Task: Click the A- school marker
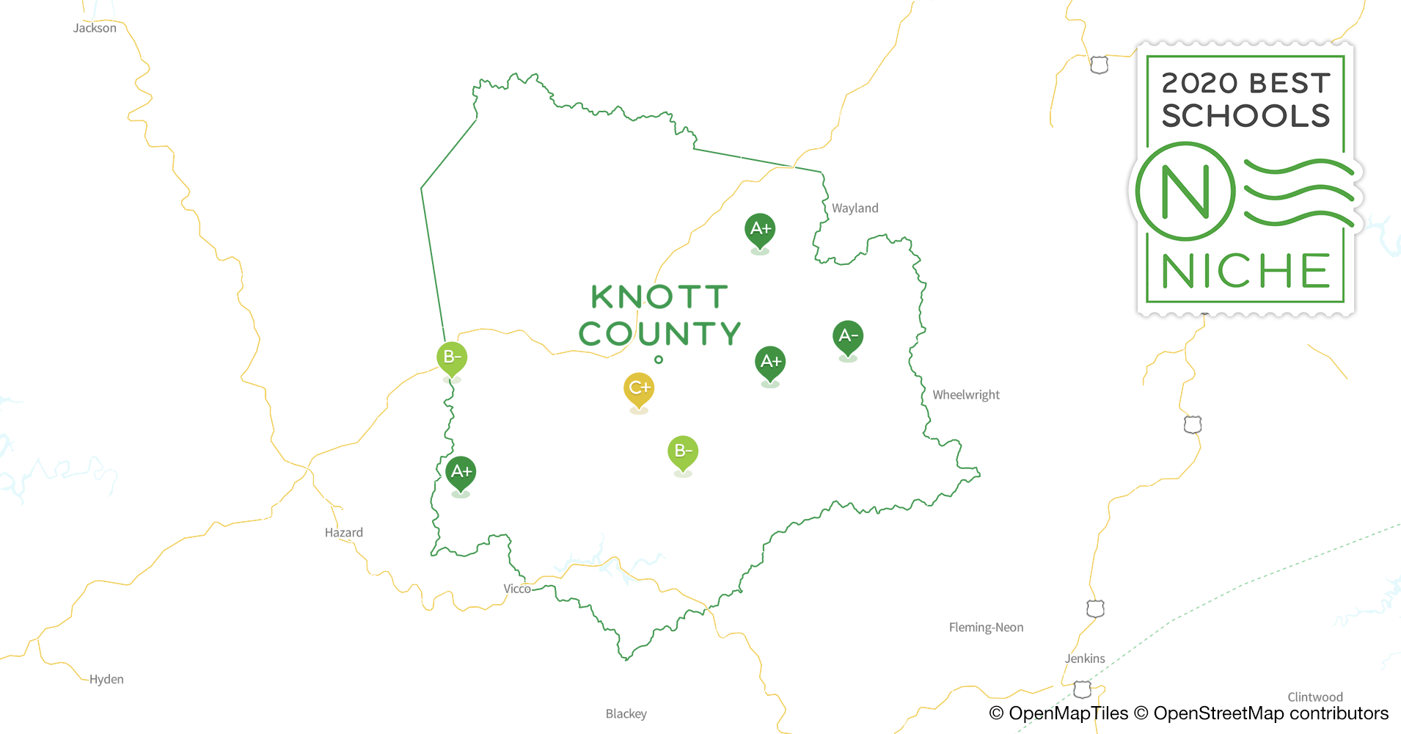point(848,336)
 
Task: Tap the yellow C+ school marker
point(639,388)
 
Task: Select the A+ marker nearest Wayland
point(760,229)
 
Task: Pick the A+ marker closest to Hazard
point(461,472)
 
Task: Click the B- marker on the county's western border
point(452,358)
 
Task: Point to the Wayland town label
point(855,208)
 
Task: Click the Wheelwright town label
point(966,395)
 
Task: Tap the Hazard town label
point(343,533)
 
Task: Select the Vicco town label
point(516,589)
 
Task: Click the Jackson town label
point(95,29)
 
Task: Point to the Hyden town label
point(106,680)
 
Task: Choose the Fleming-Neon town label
point(986,628)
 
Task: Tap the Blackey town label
point(626,714)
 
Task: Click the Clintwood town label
point(1315,697)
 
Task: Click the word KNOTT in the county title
point(659,297)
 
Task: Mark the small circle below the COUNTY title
point(659,360)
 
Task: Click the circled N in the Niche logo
point(1185,192)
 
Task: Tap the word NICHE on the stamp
point(1245,272)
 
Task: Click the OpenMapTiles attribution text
point(1058,713)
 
